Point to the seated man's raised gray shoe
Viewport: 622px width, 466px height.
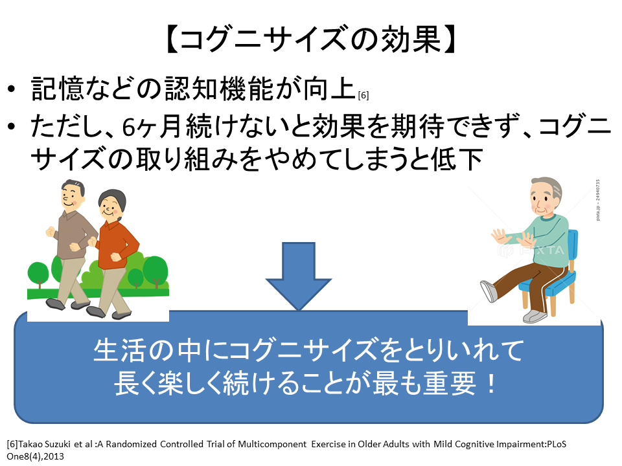(489, 291)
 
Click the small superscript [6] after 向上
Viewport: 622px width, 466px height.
(363, 96)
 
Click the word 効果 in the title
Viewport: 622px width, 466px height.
(411, 39)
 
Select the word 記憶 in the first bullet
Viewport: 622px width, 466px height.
(57, 88)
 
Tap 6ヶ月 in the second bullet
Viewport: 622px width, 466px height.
(151, 127)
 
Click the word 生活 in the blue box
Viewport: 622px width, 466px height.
(118, 350)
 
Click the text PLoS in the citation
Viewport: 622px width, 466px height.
(557, 444)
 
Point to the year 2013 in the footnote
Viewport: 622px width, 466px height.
(54, 456)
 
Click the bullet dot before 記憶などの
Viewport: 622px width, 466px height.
(12, 89)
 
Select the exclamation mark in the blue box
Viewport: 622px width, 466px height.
(492, 384)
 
